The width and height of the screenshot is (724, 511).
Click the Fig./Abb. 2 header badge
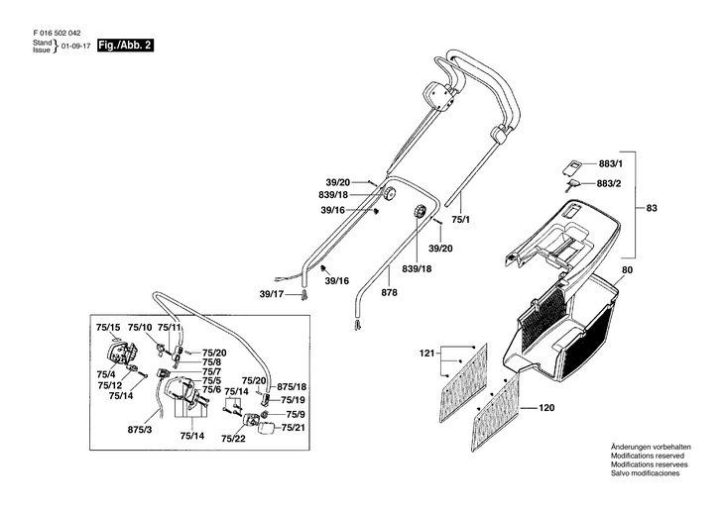(x=125, y=47)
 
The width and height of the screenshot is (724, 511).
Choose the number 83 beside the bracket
(x=652, y=209)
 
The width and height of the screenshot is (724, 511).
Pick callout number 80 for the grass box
(x=627, y=270)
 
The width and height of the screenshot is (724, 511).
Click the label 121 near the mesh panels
(x=427, y=354)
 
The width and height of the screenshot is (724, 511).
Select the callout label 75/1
(x=461, y=223)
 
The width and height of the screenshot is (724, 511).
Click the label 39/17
(x=272, y=295)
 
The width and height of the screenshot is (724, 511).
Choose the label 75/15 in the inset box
(x=108, y=327)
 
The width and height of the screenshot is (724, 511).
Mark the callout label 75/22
(x=233, y=438)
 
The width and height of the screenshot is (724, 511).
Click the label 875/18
(x=292, y=386)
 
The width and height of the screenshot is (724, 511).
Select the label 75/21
(x=293, y=427)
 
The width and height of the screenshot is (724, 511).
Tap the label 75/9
(x=296, y=414)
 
